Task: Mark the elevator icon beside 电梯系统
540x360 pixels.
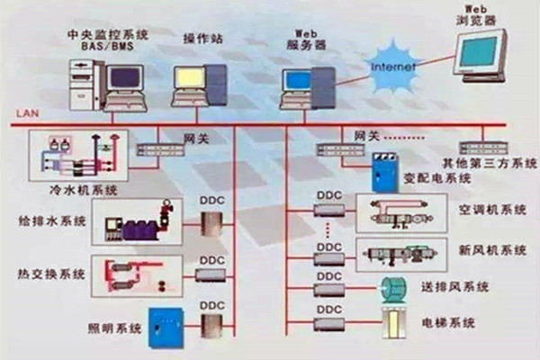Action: pyautogui.click(x=392, y=321)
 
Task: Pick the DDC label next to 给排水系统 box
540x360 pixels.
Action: pyautogui.click(x=211, y=206)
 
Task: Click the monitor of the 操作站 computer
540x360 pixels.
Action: pyautogui.click(x=191, y=78)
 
